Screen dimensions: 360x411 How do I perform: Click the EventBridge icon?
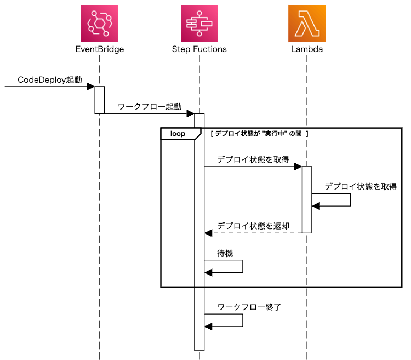click(100, 23)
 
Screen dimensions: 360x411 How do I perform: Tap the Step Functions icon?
click(199, 23)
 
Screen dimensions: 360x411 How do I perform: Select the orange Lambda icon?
click(307, 23)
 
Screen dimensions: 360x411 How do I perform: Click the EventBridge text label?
click(100, 49)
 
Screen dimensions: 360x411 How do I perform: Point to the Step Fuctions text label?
click(199, 49)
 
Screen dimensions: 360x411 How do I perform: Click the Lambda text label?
click(307, 49)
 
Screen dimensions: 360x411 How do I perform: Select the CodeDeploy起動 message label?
click(50, 79)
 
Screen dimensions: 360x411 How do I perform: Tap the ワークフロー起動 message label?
click(150, 106)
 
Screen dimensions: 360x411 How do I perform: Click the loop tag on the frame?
click(178, 134)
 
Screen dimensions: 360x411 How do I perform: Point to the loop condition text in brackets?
click(260, 133)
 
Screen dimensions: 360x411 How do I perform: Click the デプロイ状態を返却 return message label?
click(253, 225)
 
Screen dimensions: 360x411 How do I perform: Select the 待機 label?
click(225, 253)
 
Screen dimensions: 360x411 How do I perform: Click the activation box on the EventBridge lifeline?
click(100, 100)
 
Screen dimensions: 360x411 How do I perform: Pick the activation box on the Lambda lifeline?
click(307, 199)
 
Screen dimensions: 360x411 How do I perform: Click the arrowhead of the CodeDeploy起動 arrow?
click(91, 87)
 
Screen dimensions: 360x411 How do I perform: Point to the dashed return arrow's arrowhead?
click(208, 233)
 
